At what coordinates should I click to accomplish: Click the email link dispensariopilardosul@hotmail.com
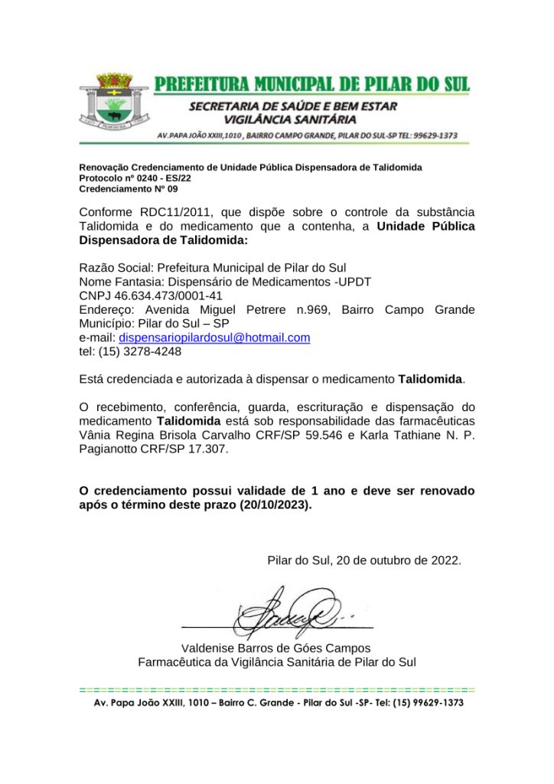pos(214,338)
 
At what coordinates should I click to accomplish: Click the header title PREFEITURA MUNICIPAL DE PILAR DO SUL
pos(311,83)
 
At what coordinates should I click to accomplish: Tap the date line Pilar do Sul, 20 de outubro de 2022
pos(364,560)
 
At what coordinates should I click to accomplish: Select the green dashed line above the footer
pos(276,690)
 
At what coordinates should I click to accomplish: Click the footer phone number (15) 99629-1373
pos(428,703)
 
